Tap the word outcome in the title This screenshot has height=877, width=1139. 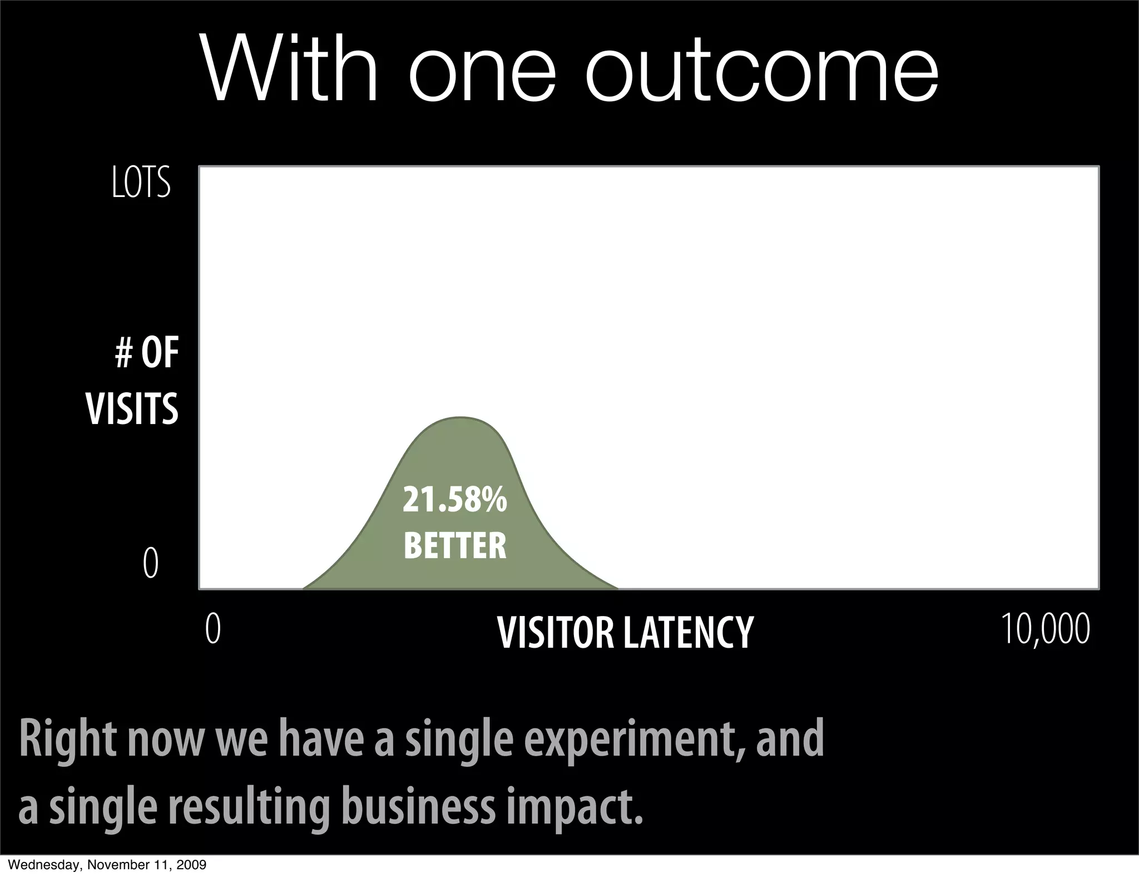[x=761, y=70]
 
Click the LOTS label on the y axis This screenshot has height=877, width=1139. [x=141, y=183]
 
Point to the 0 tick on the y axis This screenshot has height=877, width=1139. [x=150, y=563]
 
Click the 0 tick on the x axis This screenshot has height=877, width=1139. [x=213, y=629]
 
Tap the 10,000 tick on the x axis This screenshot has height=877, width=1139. [x=1046, y=629]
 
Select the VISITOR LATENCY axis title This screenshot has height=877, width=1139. [x=625, y=633]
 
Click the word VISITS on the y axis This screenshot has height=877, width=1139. [x=132, y=409]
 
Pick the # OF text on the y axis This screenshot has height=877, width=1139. [x=147, y=354]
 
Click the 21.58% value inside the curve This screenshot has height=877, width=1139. [x=454, y=500]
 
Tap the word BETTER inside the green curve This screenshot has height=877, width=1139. [x=455, y=546]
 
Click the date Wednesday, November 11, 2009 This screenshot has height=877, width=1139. [x=104, y=865]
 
